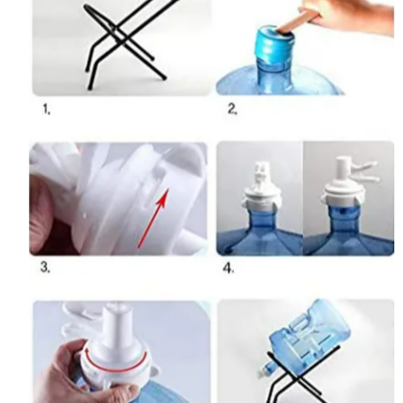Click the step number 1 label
(x=46, y=110)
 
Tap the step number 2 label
(x=233, y=109)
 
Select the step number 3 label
(x=45, y=267)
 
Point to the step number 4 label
(x=228, y=268)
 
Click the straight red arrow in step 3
(x=153, y=218)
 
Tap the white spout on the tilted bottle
(x=264, y=372)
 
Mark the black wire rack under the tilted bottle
(x=300, y=377)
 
